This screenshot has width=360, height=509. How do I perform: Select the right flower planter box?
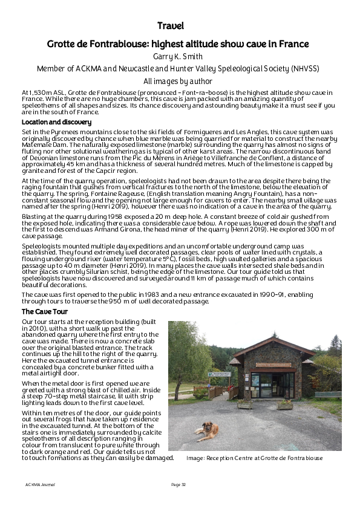coord(285,404)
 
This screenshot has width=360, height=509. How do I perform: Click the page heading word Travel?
coord(170,25)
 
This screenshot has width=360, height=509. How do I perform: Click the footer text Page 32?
coord(178,485)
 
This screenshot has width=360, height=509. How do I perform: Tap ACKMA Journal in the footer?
coord(39,485)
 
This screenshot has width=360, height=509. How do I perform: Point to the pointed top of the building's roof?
coord(273,337)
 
